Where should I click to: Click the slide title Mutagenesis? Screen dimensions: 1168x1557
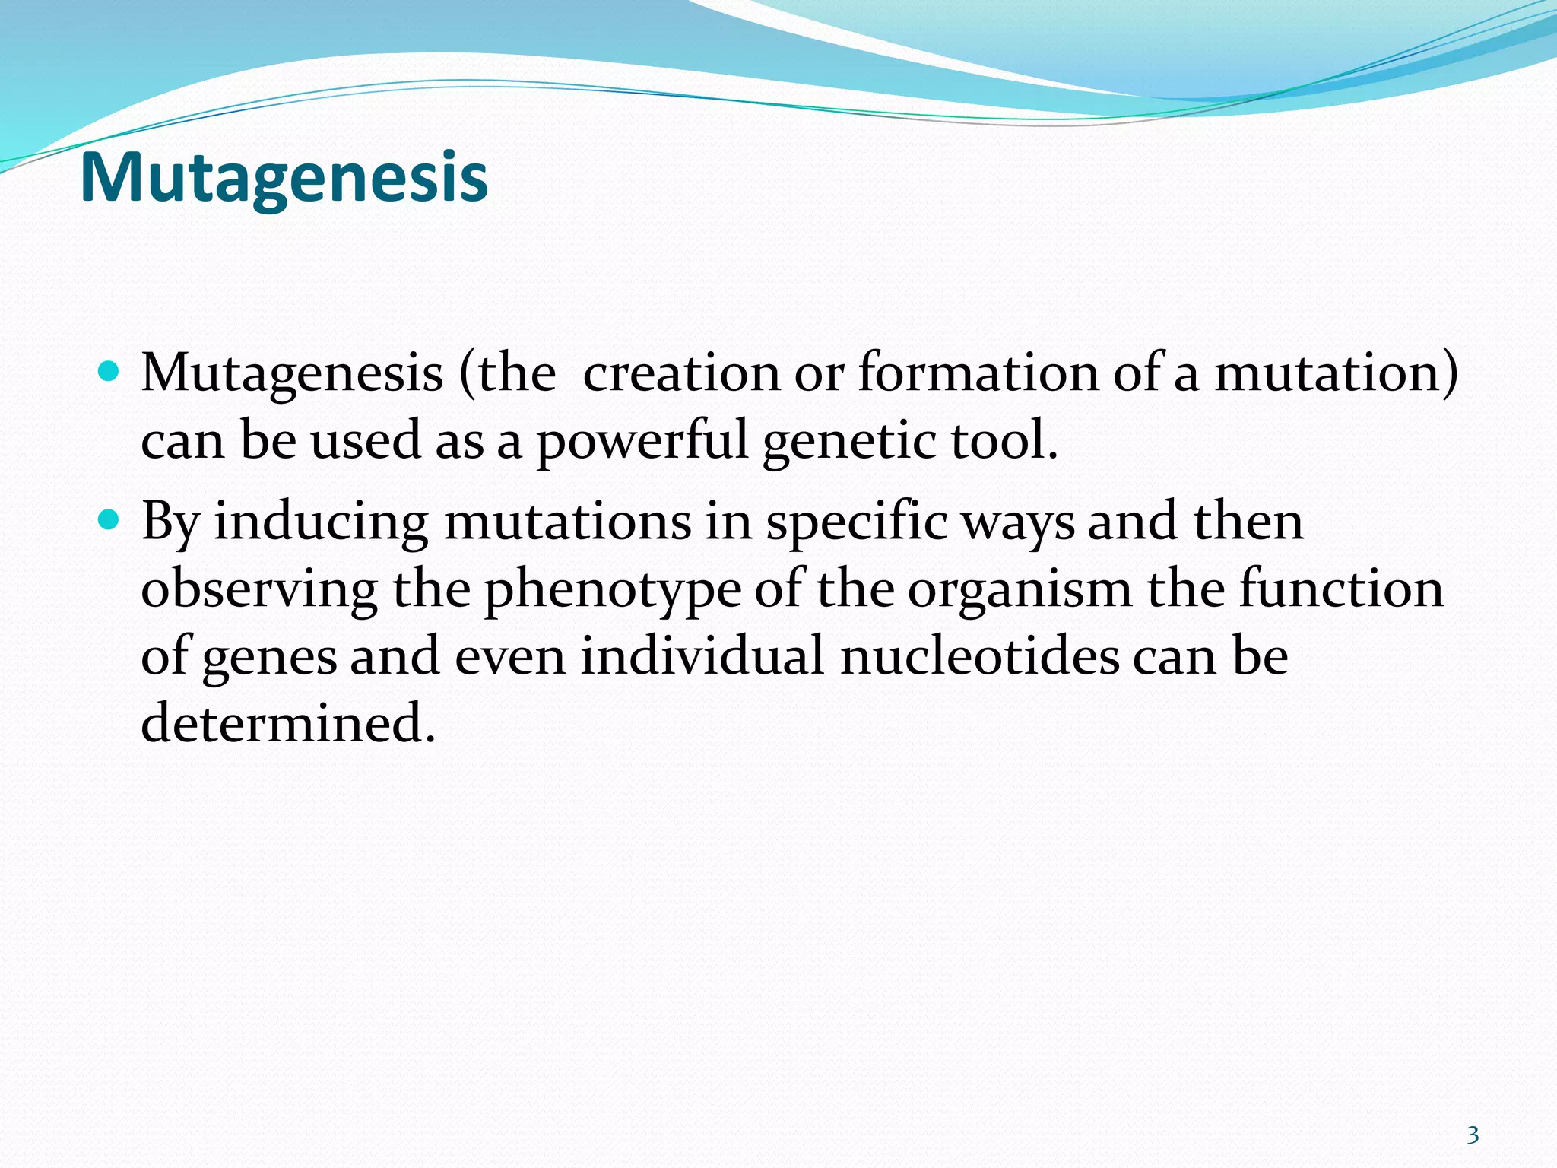pos(283,178)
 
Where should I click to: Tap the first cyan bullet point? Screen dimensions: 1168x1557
pos(109,372)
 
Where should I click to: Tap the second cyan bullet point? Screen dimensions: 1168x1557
pos(109,521)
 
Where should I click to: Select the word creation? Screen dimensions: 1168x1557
pos(681,373)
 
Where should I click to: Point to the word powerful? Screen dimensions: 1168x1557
pos(642,441)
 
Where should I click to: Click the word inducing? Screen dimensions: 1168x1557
pos(321,523)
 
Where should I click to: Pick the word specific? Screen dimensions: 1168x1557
pos(857,523)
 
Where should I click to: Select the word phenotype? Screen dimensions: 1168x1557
pos(613,590)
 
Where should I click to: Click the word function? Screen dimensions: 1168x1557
pos(1341,589)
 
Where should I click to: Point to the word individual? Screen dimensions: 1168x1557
pos(702,655)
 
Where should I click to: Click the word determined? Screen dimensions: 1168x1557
pos(288,722)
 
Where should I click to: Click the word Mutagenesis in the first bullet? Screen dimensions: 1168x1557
pos(292,373)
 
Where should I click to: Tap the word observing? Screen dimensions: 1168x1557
pos(259,590)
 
